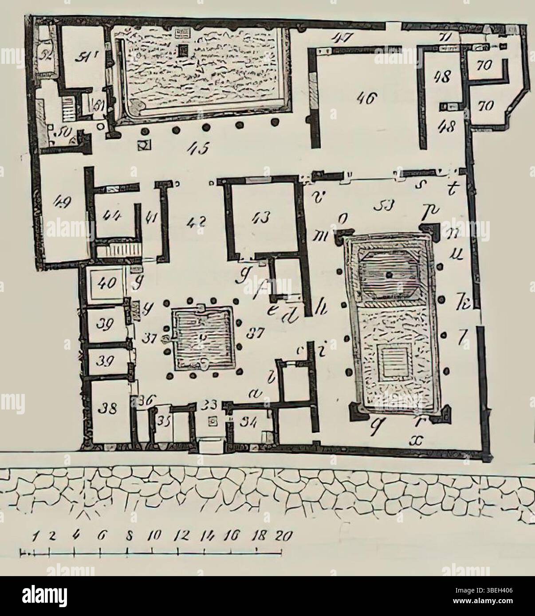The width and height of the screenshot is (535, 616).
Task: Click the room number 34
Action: tap(247, 423)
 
